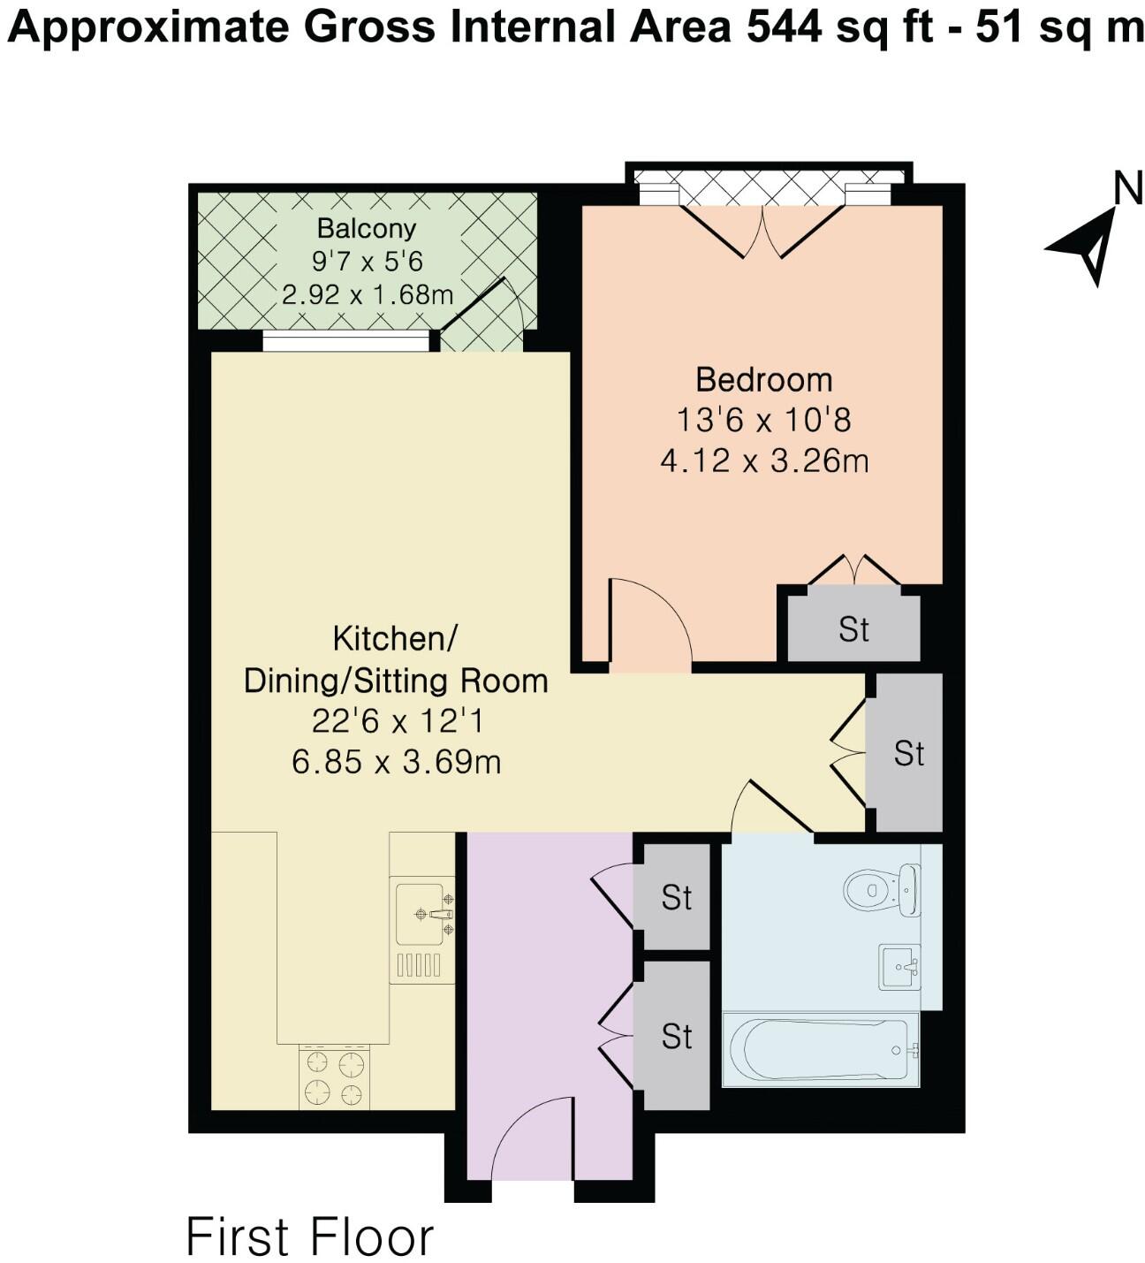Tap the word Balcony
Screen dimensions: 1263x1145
[x=366, y=228]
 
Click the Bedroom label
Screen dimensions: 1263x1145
[x=763, y=380]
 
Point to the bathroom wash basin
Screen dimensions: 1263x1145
[x=899, y=966]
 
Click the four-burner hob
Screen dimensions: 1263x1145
[x=334, y=1077]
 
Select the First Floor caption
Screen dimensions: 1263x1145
[x=309, y=1236]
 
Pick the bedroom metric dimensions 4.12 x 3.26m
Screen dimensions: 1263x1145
[x=764, y=460]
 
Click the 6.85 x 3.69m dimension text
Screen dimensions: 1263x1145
[x=396, y=761]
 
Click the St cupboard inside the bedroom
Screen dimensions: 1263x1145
[x=853, y=628]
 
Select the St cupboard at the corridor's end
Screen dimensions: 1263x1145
[x=908, y=753]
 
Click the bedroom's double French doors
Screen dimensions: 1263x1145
[x=763, y=230]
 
